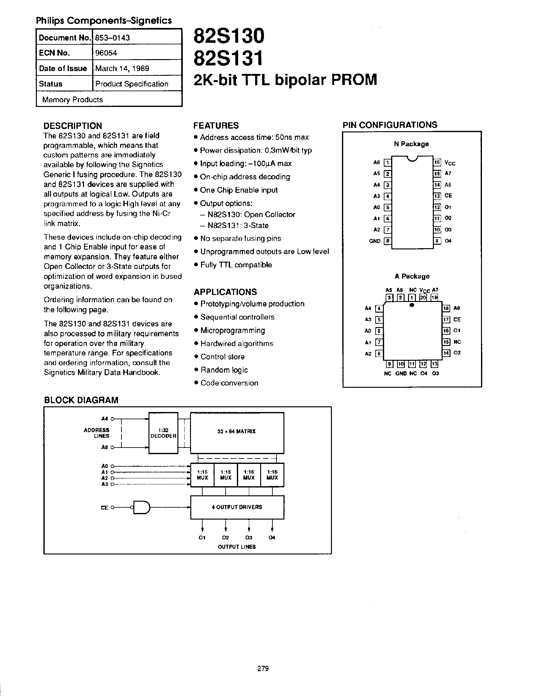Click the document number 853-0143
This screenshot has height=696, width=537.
click(113, 38)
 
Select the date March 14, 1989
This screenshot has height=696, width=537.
click(122, 68)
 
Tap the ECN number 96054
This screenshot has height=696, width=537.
click(106, 53)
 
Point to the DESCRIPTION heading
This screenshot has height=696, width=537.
click(73, 125)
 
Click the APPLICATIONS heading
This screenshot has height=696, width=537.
click(225, 292)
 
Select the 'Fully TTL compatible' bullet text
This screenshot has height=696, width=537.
click(236, 265)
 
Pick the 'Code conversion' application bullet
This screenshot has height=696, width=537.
click(229, 383)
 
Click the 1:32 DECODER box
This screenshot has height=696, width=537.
click(163, 433)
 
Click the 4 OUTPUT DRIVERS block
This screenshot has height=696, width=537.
click(237, 507)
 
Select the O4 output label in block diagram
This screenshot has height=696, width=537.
click(272, 537)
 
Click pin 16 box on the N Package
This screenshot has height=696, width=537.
click(437, 163)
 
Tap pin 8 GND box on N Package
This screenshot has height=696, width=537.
click(387, 241)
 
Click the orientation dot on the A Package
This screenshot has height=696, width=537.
click(412, 305)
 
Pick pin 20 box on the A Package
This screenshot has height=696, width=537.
click(423, 298)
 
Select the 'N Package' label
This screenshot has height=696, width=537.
click(411, 144)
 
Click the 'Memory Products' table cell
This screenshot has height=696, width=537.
click(73, 100)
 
